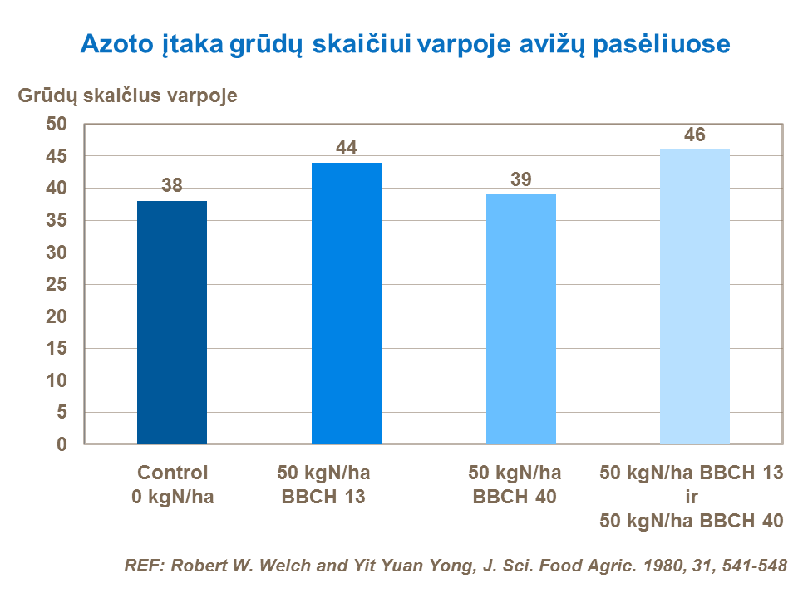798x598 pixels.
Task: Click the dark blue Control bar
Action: (172, 322)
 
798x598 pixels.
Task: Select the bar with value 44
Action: (347, 303)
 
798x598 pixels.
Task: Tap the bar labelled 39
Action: (521, 319)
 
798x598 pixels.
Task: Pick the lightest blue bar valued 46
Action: (695, 297)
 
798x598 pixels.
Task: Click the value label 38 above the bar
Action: (172, 185)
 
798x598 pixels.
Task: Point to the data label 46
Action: (695, 135)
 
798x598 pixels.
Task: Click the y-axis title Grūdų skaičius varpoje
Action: (128, 96)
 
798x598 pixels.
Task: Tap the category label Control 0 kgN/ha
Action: (172, 485)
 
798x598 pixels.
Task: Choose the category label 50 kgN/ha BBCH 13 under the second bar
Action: (323, 485)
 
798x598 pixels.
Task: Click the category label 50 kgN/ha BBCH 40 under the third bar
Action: (515, 485)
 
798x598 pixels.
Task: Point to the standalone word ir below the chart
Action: (692, 498)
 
